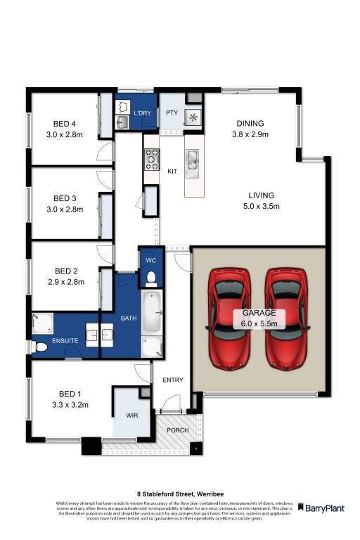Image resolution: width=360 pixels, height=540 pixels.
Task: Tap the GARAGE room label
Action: coord(259,314)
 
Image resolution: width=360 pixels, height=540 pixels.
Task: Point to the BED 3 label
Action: coord(64,198)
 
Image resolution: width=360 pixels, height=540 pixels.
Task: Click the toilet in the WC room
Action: coord(148,278)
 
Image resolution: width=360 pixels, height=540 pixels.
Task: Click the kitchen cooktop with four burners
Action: coord(151,161)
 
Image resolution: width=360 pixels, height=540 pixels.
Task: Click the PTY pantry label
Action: coord(171,112)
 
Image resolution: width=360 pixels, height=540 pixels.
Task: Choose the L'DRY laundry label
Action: coord(143,112)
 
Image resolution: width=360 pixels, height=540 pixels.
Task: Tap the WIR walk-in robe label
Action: coord(131,416)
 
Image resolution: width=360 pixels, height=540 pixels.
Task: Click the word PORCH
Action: coord(176,430)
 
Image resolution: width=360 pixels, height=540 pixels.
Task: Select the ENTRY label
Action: coord(173,380)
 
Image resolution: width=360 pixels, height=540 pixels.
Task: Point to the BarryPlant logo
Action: coord(321,507)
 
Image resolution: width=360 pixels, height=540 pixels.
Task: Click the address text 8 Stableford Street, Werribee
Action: coord(180,494)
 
